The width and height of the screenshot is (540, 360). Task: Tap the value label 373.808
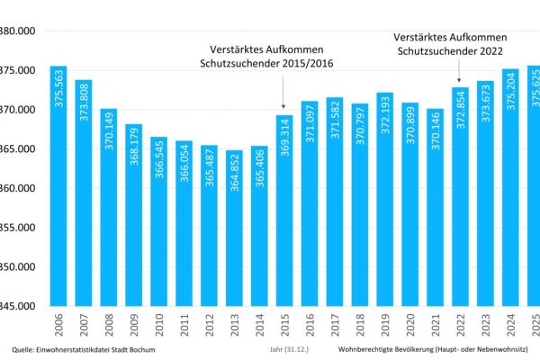point(84,107)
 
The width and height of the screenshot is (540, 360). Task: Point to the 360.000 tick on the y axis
point(18,188)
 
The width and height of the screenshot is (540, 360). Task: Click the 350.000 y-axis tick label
point(18,267)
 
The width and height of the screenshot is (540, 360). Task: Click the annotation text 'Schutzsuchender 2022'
point(450,52)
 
